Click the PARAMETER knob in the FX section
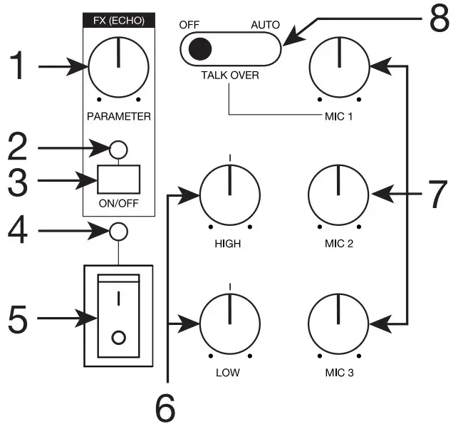point(118,68)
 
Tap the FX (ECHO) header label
point(118,21)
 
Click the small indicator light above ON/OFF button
point(118,149)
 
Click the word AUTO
point(265,24)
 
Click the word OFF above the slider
point(189,24)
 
